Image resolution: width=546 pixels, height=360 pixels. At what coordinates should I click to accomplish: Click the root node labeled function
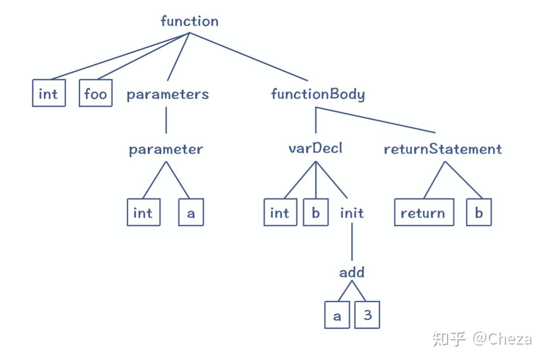(x=190, y=21)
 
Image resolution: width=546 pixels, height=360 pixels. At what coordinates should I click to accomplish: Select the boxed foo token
(x=95, y=93)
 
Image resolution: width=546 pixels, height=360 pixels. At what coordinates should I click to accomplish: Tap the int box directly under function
(x=49, y=93)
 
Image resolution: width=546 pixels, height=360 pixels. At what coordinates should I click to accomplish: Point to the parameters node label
(x=168, y=94)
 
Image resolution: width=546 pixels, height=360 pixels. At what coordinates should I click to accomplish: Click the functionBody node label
(x=318, y=94)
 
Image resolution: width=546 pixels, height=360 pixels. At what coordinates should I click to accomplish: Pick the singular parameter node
(x=166, y=149)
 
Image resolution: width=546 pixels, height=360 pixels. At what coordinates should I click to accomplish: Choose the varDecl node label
(x=316, y=148)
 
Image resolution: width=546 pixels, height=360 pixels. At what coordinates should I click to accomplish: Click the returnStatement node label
(x=443, y=149)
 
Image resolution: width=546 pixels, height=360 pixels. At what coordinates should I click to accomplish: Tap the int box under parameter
(x=144, y=212)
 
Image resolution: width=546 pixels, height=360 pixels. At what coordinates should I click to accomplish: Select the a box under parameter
(x=191, y=212)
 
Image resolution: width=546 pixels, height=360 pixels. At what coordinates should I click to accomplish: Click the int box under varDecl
(x=280, y=212)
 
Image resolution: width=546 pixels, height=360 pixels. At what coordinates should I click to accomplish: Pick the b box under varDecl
(x=316, y=212)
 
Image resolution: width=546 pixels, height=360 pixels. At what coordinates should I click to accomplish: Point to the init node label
(x=352, y=213)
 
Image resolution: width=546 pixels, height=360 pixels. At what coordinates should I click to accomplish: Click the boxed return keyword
(x=424, y=212)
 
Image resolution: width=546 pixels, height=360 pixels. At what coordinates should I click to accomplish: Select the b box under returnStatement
(x=479, y=212)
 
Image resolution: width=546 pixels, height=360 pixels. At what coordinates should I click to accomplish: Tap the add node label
(x=352, y=272)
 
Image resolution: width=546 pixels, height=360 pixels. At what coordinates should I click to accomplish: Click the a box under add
(x=337, y=315)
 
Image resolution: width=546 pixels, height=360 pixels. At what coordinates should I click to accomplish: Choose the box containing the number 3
(x=367, y=315)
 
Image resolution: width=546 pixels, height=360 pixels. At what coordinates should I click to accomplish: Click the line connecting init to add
(x=352, y=242)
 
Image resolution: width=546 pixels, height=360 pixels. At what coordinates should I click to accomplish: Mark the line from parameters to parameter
(x=166, y=120)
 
